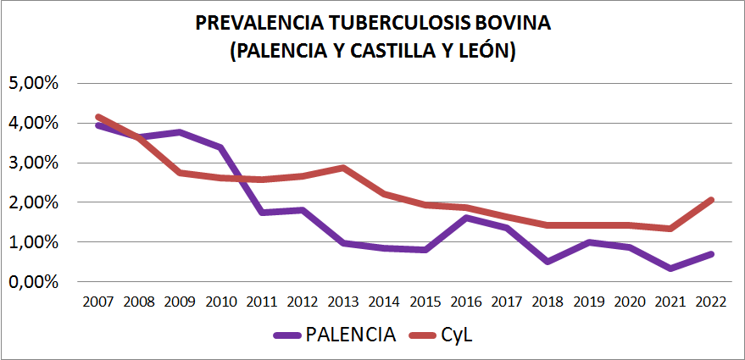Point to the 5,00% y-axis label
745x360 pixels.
pos(31,83)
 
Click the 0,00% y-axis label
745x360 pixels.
pos(31,281)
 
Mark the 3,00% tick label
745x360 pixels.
pos(31,163)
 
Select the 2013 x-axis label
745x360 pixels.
pos(342,302)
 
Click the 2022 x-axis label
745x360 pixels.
pos(709,302)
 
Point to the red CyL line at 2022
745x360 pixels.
pos(709,200)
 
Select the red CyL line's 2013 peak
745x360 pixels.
pos(342,168)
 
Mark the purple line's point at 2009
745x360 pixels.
pos(179,132)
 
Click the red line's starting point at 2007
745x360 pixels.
pos(98,117)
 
